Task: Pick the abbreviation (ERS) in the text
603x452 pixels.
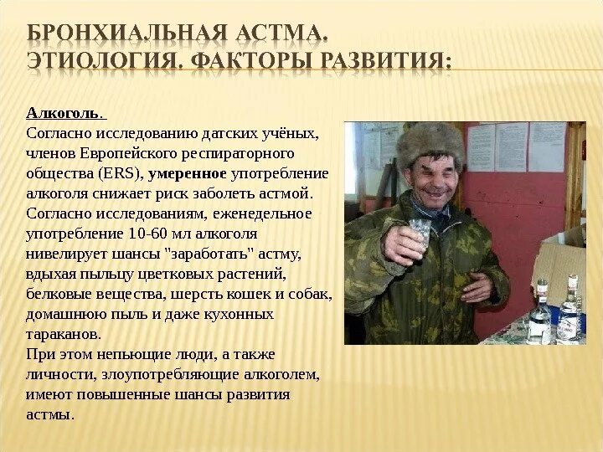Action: point(121,174)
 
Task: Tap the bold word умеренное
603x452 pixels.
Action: point(187,174)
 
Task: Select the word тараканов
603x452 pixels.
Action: point(64,334)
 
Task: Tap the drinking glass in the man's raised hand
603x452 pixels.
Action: point(417,230)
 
